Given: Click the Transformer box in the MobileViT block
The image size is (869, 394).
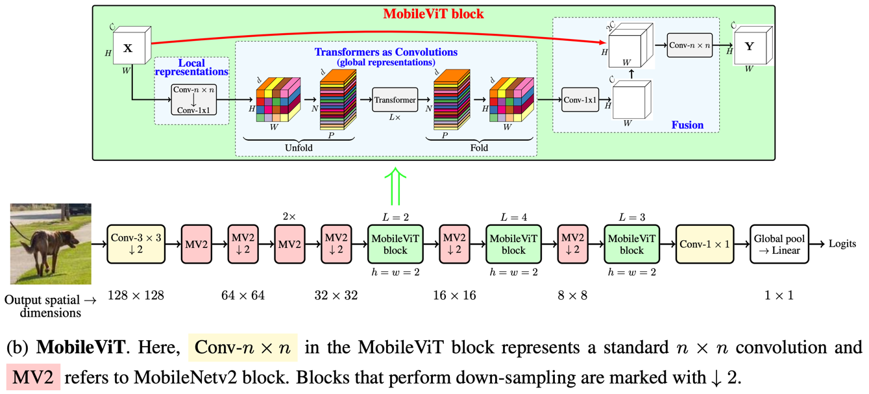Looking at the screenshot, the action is [395, 100].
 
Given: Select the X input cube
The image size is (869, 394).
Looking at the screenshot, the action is [132, 45].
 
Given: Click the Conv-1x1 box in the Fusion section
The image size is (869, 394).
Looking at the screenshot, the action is [580, 100].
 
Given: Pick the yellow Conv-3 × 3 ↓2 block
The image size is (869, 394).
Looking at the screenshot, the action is [136, 244].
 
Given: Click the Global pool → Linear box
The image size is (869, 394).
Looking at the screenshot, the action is [779, 244].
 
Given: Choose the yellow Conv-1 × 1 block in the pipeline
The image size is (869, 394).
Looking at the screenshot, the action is [705, 244].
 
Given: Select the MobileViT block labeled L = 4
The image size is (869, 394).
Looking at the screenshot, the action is [513, 244].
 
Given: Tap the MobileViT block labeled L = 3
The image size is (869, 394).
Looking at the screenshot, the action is [631, 244].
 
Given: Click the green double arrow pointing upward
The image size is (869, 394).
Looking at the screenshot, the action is [395, 187].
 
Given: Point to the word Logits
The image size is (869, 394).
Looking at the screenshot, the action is [842, 244].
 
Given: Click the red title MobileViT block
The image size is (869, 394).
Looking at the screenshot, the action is [434, 14].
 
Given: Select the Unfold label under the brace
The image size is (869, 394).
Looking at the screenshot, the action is [299, 148].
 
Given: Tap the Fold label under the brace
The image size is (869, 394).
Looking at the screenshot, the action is [479, 148].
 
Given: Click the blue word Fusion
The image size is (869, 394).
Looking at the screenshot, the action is [687, 125].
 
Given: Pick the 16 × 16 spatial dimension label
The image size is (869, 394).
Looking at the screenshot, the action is [454, 295].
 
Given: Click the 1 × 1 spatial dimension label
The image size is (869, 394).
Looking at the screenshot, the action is [779, 295].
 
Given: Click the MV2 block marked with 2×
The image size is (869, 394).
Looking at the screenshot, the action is [289, 244].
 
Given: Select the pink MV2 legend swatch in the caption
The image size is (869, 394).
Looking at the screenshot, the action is [33, 377].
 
